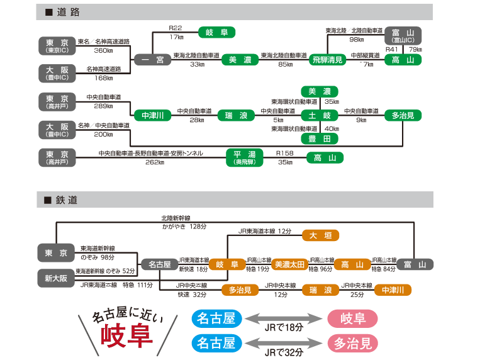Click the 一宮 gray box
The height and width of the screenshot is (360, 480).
[152, 60]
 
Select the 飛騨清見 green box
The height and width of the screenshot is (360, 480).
[328, 60]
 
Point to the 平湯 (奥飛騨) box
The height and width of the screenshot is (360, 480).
[244, 157]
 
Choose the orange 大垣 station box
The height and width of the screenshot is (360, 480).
[320, 235]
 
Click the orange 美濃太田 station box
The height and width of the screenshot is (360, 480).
[289, 264]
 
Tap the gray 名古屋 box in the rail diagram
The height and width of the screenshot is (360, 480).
[159, 264]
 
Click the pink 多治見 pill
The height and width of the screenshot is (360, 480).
[352, 343]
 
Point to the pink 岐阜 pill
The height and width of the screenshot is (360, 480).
[352, 318]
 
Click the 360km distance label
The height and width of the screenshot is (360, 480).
[103, 50]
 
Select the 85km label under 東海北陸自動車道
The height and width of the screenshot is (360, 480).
[285, 64]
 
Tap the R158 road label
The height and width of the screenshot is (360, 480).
[285, 153]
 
